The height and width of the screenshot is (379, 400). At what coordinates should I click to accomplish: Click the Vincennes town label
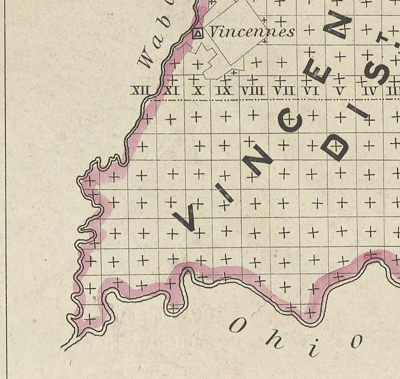[252, 32]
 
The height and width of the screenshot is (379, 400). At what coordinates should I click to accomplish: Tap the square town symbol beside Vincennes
[198, 33]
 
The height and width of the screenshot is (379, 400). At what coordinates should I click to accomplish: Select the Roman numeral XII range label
[141, 91]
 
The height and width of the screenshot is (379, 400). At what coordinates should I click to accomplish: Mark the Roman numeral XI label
[171, 91]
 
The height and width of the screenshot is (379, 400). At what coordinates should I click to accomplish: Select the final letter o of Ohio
[356, 341]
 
